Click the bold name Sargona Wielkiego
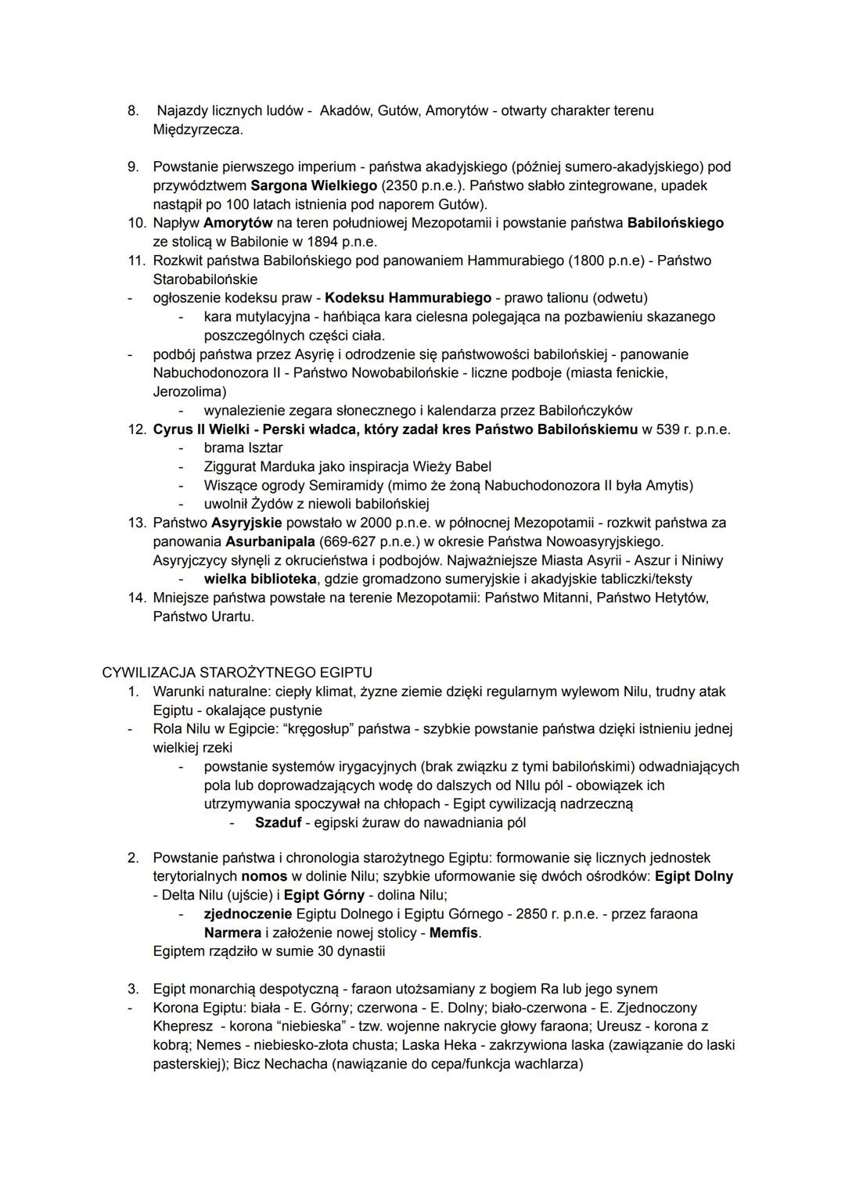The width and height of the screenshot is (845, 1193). (314, 185)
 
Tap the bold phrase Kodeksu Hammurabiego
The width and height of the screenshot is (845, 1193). (408, 298)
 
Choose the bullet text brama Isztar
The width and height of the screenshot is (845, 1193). (243, 448)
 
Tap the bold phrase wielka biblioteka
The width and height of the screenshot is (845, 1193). (260, 579)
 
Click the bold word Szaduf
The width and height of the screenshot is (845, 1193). (278, 823)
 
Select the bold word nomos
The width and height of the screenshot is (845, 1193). (264, 876)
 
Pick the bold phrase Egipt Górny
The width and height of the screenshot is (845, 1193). (324, 895)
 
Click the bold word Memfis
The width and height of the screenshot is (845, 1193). (454, 933)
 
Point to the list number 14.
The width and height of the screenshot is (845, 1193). (136, 598)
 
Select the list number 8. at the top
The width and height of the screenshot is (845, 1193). (133, 111)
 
